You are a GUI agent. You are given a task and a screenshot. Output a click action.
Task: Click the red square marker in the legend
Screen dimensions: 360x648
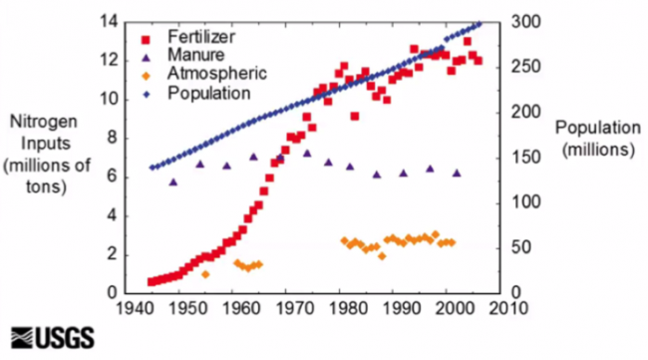click(x=147, y=38)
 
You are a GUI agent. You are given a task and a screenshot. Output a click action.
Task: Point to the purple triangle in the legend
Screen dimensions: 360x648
click(x=147, y=56)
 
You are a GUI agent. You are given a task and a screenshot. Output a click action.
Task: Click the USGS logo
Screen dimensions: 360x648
click(x=52, y=336)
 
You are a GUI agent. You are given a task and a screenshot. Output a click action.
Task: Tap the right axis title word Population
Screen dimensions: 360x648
click(x=596, y=129)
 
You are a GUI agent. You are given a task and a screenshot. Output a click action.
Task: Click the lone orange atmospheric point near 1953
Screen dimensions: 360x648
click(x=205, y=274)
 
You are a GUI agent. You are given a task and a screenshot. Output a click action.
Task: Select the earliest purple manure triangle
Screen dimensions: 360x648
click(x=172, y=182)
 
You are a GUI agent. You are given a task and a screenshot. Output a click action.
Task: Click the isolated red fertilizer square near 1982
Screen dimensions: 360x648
click(x=355, y=117)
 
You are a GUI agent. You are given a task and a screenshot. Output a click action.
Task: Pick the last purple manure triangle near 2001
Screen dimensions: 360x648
click(x=457, y=173)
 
